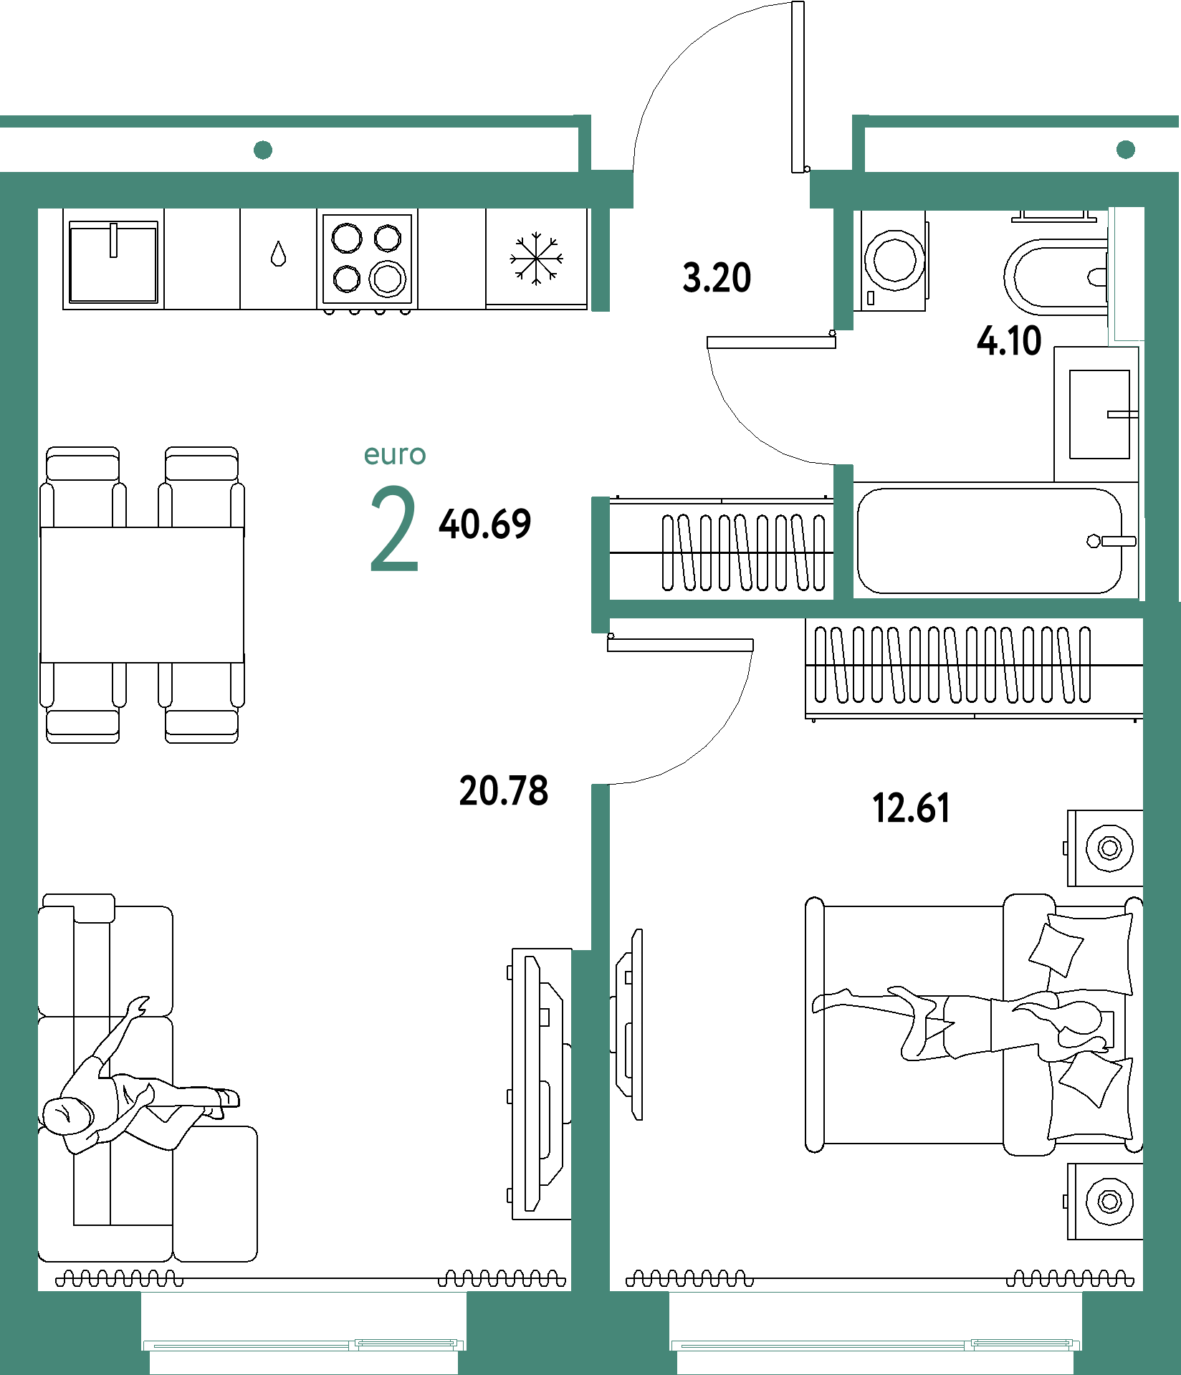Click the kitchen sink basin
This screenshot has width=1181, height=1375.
click(113, 262)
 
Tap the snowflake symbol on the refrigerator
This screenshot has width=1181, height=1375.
click(536, 259)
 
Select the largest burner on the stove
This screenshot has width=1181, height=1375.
click(388, 278)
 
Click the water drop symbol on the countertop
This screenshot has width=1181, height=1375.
click(278, 254)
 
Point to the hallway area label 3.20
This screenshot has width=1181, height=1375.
click(717, 278)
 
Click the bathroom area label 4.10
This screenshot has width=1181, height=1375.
click(1009, 341)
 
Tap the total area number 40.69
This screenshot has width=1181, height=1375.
click(485, 524)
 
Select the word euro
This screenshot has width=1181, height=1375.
click(395, 455)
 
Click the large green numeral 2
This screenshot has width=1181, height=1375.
click(393, 529)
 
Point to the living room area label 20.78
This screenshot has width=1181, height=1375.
click(504, 791)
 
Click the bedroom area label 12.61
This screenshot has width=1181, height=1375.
click(911, 808)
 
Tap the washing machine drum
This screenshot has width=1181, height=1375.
click(894, 260)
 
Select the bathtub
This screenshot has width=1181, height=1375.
click(990, 541)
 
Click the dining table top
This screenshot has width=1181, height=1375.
click(142, 595)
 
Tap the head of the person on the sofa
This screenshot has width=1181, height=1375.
click(66, 1115)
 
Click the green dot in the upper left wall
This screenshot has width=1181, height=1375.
click(263, 150)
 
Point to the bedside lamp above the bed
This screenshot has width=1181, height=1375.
click(1109, 848)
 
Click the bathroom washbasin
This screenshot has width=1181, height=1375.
click(1099, 414)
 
